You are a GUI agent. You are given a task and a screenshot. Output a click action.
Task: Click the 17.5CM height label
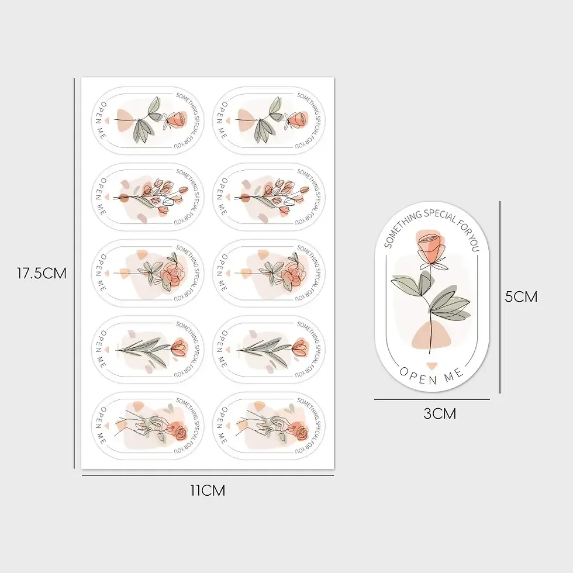(x=42, y=274)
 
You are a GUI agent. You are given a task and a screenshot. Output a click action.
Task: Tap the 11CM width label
(x=208, y=491)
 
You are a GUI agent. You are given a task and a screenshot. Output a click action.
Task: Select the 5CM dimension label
(x=521, y=297)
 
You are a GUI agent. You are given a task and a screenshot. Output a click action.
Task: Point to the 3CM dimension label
(x=440, y=414)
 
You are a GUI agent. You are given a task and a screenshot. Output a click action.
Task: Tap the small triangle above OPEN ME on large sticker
(x=432, y=365)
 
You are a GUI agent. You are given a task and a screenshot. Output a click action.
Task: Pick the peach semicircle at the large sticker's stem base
(x=432, y=336)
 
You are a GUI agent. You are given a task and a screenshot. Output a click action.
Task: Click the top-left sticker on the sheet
(x=147, y=120)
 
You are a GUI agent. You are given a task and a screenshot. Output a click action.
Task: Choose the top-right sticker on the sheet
(x=268, y=120)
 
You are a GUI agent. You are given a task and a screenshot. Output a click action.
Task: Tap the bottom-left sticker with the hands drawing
(x=147, y=426)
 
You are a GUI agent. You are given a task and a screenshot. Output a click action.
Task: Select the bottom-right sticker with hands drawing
(x=268, y=426)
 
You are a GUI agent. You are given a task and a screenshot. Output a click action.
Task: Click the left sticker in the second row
(x=147, y=197)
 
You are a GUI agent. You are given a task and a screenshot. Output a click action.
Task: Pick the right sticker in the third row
(x=268, y=274)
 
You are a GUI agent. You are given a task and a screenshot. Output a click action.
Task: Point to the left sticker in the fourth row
(x=147, y=350)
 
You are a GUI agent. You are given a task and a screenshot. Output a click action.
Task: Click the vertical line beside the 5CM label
(x=500, y=297)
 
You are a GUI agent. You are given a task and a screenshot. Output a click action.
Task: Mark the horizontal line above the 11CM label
(x=208, y=475)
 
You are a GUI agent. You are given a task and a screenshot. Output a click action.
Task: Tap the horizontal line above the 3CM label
(x=432, y=399)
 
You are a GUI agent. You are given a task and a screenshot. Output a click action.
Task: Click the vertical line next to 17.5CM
(x=74, y=273)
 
